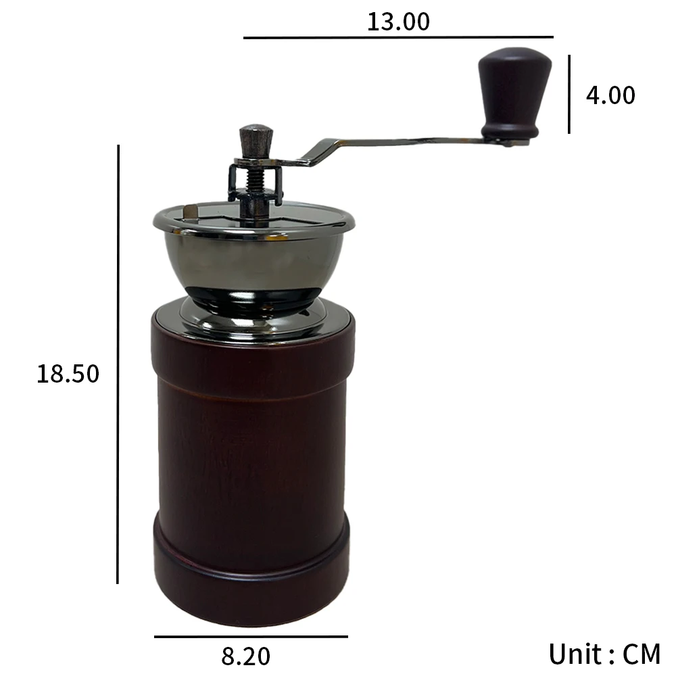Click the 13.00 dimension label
coord(398,22)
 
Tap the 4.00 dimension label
coord(610,95)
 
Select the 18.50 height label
coord(68,373)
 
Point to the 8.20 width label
coord(245,656)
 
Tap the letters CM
coord(641,654)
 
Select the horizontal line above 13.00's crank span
coord(398,37)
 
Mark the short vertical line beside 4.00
coord(569,94)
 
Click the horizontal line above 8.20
coord(251,636)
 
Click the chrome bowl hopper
coord(256,260)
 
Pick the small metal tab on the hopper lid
coord(191,212)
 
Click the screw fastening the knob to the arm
coord(506,141)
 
